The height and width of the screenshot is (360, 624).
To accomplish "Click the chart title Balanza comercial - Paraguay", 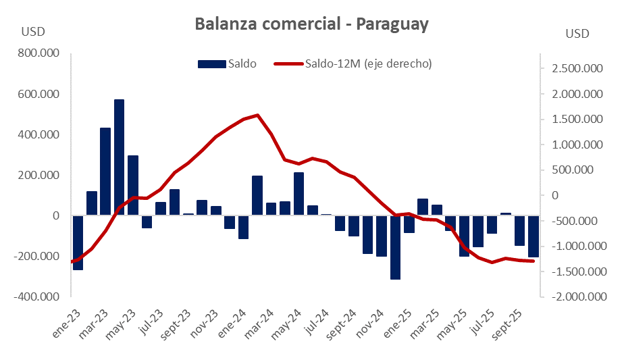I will pos(311,25).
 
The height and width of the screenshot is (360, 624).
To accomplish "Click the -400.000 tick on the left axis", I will pos(38,297).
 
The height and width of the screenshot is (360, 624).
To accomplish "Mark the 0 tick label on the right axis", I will pos(555,195).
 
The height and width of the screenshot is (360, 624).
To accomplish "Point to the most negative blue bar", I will pos(395,247).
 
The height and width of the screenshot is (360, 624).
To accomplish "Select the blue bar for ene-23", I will pos(78,242).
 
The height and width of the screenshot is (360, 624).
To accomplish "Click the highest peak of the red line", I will pos(258,115).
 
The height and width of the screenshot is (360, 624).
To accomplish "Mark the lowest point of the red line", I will pos(492,262).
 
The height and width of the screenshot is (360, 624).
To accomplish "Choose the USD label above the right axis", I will pos(577,33).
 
